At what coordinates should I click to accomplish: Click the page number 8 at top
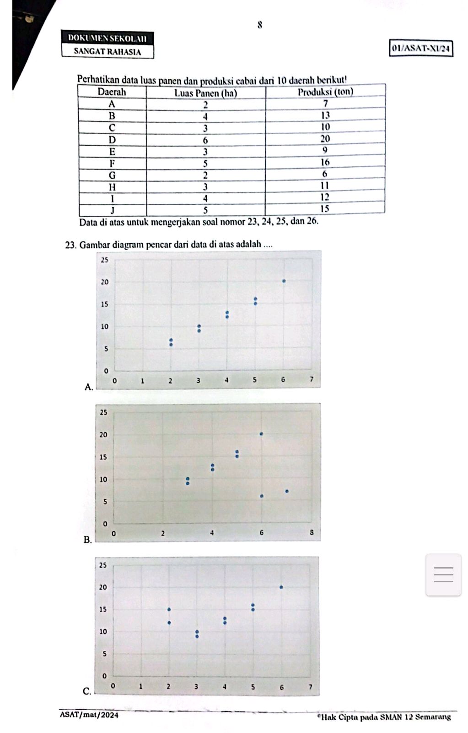click(x=260, y=25)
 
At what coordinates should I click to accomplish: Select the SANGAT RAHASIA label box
click(x=108, y=51)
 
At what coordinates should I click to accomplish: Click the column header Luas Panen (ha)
click(x=206, y=93)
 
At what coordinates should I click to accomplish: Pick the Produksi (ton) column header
click(x=325, y=92)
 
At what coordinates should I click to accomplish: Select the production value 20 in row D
click(x=325, y=138)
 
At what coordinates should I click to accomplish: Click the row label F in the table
click(x=112, y=163)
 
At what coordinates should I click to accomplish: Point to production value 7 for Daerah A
click(x=325, y=103)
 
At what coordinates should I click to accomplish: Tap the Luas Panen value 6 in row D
click(x=205, y=140)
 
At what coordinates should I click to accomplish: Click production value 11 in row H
click(x=325, y=186)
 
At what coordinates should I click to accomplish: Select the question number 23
click(x=70, y=245)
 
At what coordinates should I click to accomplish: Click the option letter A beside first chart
click(x=88, y=388)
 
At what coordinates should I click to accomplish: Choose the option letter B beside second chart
click(x=87, y=540)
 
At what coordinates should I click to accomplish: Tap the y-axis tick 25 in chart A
click(x=104, y=260)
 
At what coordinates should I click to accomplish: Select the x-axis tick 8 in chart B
click(x=312, y=533)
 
